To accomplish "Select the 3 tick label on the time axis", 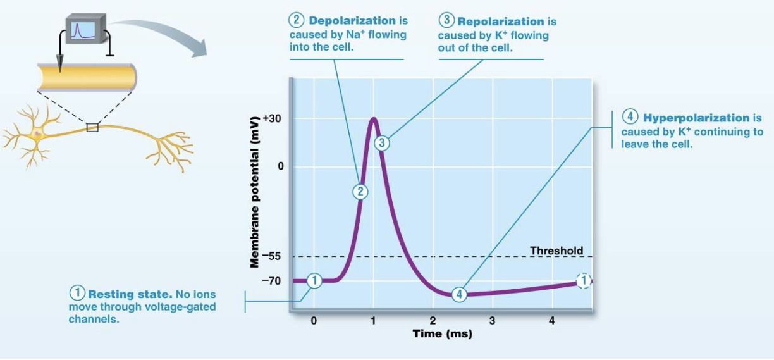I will click(492, 321).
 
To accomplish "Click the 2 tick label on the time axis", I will click(433, 321).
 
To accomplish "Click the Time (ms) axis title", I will click(442, 333).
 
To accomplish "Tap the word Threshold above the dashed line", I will click(556, 251).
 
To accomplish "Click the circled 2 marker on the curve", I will click(360, 192).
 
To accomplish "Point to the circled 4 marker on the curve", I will click(460, 294).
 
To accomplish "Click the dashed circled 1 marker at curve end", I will click(584, 280).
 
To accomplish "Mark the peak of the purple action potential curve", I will click(373, 118).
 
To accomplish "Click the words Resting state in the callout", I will click(130, 294).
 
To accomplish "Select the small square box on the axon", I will click(92, 127).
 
